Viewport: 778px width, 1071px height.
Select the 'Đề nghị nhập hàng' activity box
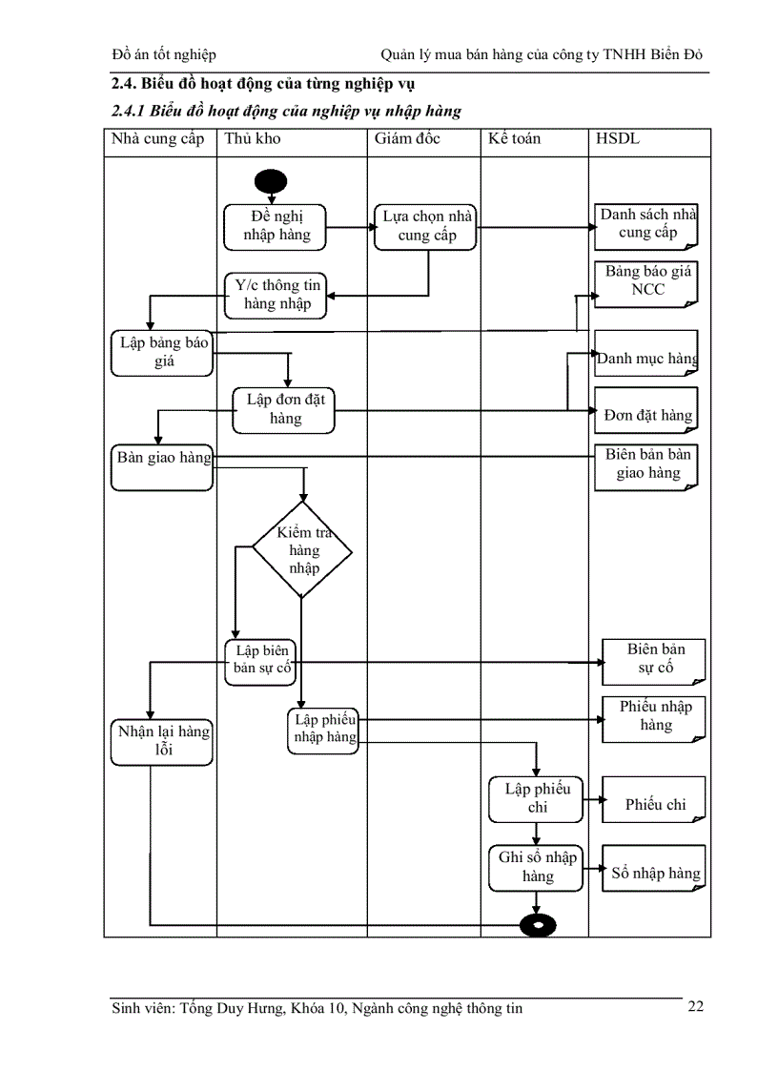point(276,226)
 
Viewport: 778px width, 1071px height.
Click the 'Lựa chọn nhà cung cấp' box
point(424,227)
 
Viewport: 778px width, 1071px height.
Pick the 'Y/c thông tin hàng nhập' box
point(276,295)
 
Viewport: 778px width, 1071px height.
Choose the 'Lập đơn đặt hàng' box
point(285,409)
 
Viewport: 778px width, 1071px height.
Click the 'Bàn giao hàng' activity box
point(162,466)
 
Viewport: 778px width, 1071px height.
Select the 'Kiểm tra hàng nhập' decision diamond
point(302,551)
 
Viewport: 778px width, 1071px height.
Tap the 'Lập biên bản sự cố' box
point(261,659)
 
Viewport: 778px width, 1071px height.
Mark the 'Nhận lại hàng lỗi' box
point(161,741)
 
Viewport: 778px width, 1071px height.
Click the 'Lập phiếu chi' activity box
point(536,798)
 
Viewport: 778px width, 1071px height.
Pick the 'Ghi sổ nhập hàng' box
point(536,867)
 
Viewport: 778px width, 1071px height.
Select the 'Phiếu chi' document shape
point(654,805)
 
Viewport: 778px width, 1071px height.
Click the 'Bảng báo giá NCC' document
point(647,282)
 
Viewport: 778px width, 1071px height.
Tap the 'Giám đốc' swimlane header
point(407,139)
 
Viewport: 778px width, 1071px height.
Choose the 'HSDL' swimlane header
point(617,139)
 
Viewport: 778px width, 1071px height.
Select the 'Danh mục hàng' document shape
point(646,355)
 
